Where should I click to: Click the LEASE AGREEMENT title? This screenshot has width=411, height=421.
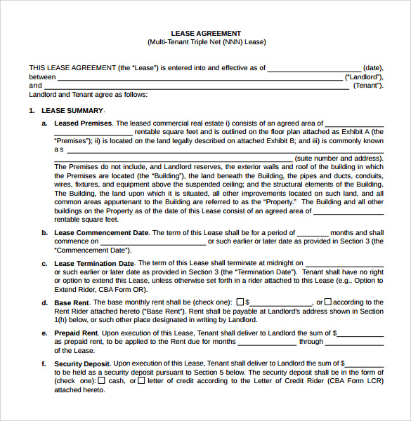[x=206, y=33]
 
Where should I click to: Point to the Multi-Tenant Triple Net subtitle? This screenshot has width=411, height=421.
[x=206, y=42]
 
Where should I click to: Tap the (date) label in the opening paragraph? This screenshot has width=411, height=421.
[x=372, y=68]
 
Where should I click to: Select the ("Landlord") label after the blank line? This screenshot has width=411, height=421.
[x=364, y=76]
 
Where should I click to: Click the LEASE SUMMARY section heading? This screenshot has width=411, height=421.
[x=72, y=111]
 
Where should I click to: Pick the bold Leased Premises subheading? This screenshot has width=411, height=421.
[x=83, y=123]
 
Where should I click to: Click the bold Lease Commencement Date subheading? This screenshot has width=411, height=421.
[x=102, y=233]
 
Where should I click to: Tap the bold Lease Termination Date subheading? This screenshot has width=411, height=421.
[x=94, y=264]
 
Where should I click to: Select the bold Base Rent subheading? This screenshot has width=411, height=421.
[x=72, y=302]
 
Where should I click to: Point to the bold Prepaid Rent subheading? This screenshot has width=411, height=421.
[x=77, y=333]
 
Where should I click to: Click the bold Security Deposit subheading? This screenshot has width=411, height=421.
[x=82, y=363]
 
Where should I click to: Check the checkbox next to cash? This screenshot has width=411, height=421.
[x=102, y=380]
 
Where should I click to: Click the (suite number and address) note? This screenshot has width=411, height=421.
[x=339, y=159]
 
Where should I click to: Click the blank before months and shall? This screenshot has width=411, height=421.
[x=313, y=233]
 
